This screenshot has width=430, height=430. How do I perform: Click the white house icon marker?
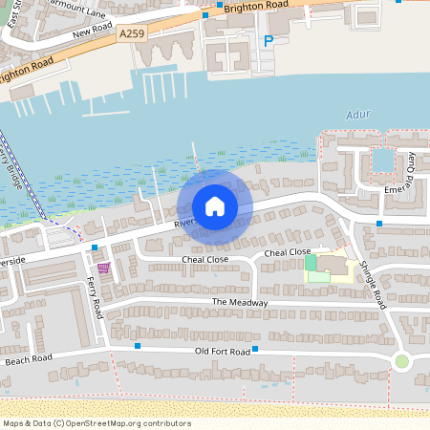[214, 206]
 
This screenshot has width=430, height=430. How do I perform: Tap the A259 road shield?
[133, 33]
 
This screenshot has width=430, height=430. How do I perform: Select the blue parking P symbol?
[268, 41]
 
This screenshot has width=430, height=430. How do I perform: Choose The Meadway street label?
[240, 303]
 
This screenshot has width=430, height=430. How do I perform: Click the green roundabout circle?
[402, 361]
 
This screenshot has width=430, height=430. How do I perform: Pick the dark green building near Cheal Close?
[310, 262]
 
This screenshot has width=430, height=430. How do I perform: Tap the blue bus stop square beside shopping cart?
[95, 247]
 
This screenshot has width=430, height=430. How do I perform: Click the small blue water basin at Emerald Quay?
[383, 160]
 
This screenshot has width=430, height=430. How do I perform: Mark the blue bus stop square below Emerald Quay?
[379, 224]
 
